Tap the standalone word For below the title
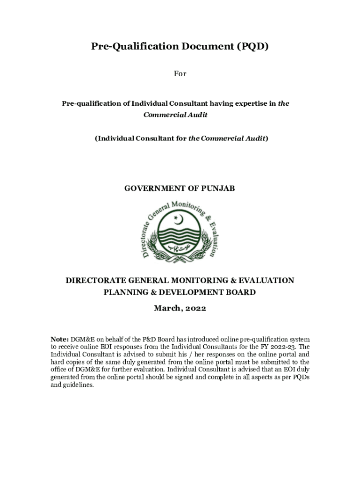(180, 74)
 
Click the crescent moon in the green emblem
(179, 219)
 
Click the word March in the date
(167, 309)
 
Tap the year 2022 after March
(195, 309)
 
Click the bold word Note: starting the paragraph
(60, 339)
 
